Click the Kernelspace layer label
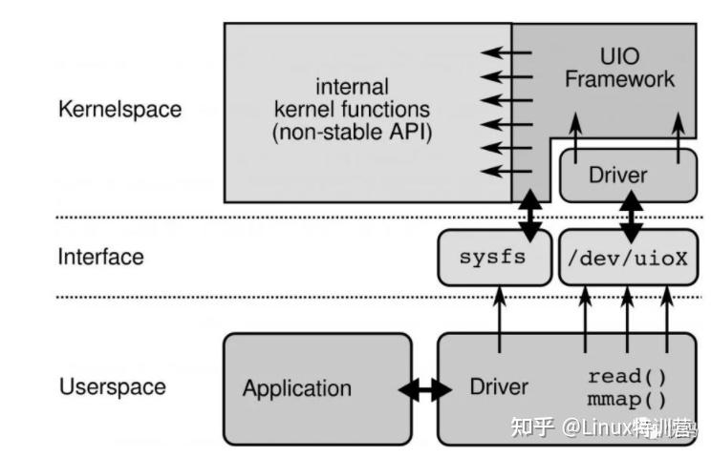pyautogui.click(x=119, y=108)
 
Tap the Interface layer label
pyautogui.click(x=100, y=257)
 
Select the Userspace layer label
pyautogui.click(x=112, y=387)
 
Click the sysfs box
pyautogui.click(x=493, y=258)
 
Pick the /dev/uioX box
pyautogui.click(x=628, y=258)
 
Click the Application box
pyautogui.click(x=296, y=388)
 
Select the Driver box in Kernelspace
pyautogui.click(x=617, y=175)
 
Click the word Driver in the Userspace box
pyautogui.click(x=499, y=387)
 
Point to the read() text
pyautogui.click(x=627, y=376)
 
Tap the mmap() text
pyautogui.click(x=627, y=399)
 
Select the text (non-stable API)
pyautogui.click(x=352, y=133)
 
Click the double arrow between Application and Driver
pyautogui.click(x=424, y=389)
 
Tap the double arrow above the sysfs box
pyautogui.click(x=530, y=215)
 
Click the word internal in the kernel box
pyautogui.click(x=352, y=86)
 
